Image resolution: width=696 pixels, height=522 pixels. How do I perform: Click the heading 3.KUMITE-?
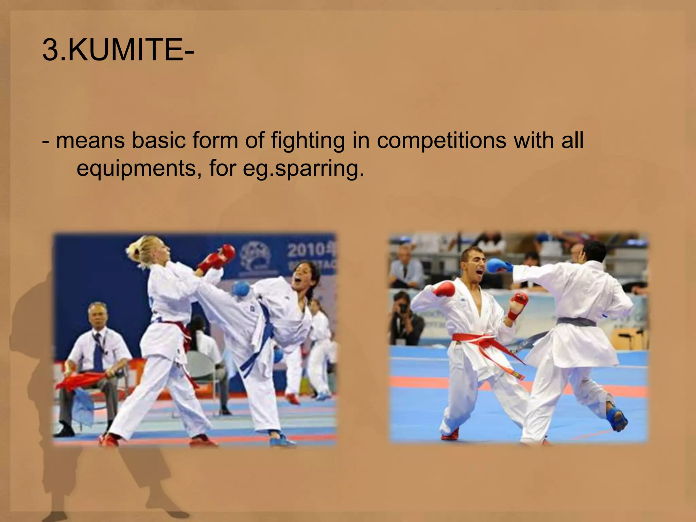click(118, 50)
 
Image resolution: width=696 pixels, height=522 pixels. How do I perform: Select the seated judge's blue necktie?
click(98, 350)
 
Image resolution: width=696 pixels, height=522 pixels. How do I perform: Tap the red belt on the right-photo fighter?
click(483, 340)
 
